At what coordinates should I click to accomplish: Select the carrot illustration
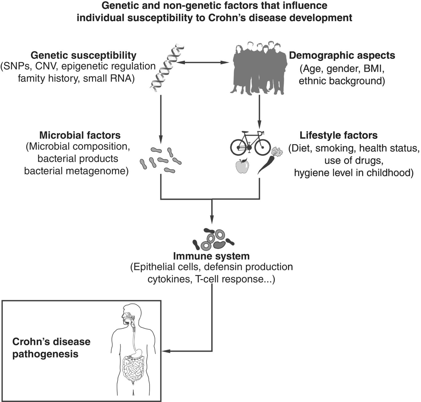click(267, 161)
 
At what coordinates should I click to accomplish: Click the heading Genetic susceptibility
click(83, 55)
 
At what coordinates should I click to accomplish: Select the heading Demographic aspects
click(342, 55)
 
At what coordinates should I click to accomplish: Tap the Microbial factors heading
click(80, 135)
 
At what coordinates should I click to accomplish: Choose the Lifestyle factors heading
click(338, 135)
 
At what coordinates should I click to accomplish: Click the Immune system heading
click(211, 256)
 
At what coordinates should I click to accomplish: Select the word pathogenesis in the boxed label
click(45, 354)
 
